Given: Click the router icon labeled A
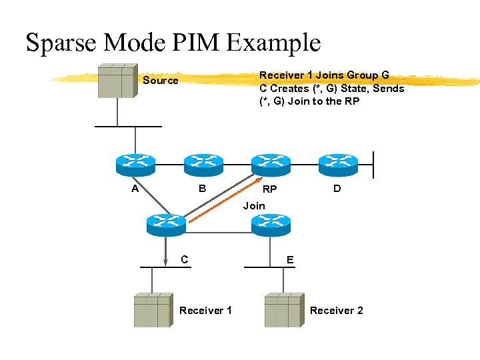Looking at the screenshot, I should [135, 162].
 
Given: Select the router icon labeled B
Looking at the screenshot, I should [203, 162].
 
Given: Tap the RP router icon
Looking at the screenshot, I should [270, 162].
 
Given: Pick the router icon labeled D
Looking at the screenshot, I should [338, 162].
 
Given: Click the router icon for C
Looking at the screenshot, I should [166, 223].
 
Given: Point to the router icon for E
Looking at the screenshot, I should [271, 223].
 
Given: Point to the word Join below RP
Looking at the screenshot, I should [254, 206].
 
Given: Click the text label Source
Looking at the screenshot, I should [161, 81].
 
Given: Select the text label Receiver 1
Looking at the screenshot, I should [206, 311].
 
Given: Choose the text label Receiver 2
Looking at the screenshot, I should [337, 311].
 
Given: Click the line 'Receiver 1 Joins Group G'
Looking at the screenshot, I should [324, 75].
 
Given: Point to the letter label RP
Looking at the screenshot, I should [269, 190].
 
